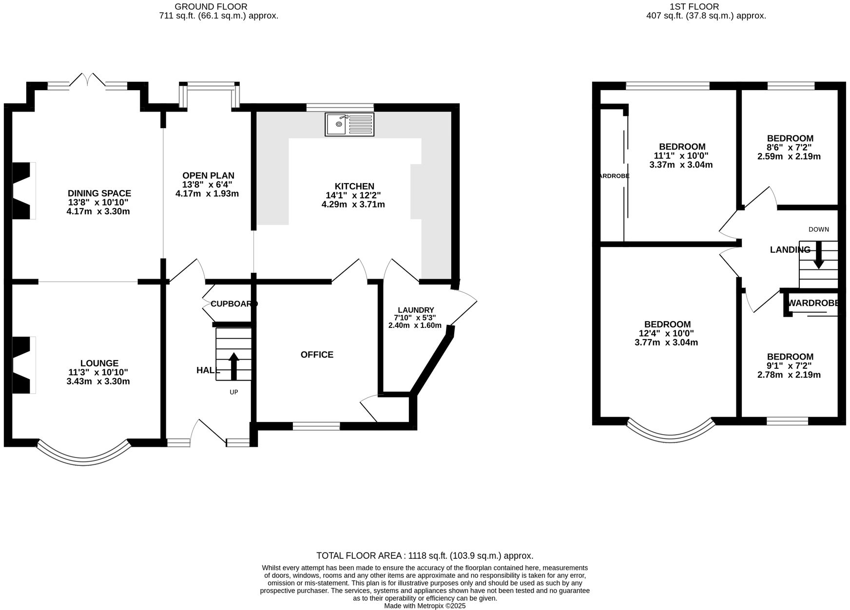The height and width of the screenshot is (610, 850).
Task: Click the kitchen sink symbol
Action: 349,124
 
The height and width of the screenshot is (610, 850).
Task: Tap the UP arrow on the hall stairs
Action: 233,366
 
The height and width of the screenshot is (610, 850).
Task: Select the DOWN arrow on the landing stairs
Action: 818,256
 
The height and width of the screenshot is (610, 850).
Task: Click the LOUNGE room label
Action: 99,363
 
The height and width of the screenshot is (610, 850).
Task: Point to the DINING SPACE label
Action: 99,193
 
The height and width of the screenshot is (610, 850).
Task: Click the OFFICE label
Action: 317,355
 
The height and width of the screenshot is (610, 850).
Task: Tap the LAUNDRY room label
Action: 416,310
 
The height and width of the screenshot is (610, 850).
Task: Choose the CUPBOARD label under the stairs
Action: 233,304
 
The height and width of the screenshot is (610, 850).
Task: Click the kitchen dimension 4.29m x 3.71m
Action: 353,205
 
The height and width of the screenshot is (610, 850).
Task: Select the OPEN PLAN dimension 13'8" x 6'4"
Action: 208,185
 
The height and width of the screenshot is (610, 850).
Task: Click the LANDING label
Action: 790,250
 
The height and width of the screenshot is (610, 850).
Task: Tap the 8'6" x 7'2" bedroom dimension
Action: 789,148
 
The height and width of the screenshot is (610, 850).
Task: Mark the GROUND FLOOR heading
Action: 211,6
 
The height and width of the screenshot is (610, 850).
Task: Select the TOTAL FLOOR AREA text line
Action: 425,555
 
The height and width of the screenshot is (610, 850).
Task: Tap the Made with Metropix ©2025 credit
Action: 425,606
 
